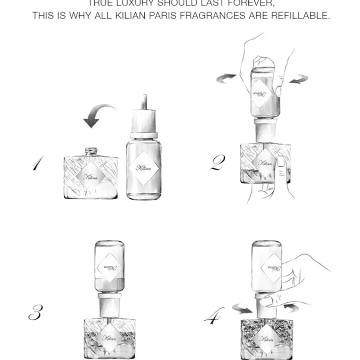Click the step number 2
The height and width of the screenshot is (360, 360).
(x=217, y=162)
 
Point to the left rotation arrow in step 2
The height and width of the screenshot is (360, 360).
(x=226, y=78)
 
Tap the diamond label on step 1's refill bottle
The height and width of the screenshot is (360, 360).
(x=144, y=168)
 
